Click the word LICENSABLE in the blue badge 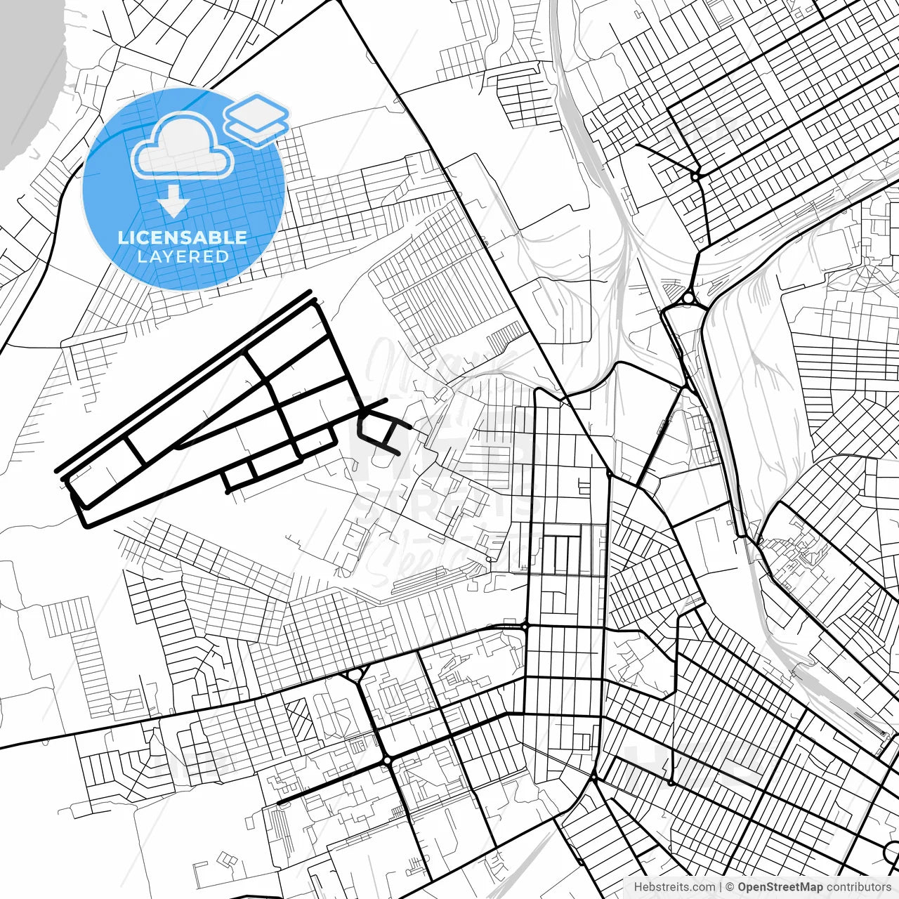pyautogui.click(x=183, y=237)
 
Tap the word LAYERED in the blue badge pyautogui.click(x=183, y=256)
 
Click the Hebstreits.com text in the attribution pyautogui.click(x=674, y=887)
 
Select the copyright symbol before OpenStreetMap pyautogui.click(x=730, y=887)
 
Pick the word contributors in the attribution pyautogui.click(x=858, y=887)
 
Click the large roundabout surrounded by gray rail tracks pyautogui.click(x=688, y=299)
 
